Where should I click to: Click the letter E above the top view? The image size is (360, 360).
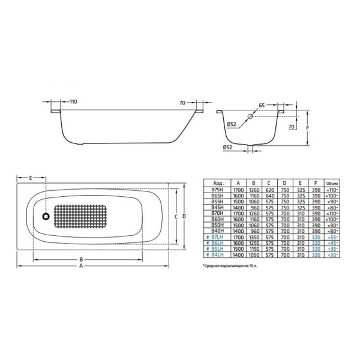point(31,178)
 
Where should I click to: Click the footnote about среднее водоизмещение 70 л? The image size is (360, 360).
point(235,264)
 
